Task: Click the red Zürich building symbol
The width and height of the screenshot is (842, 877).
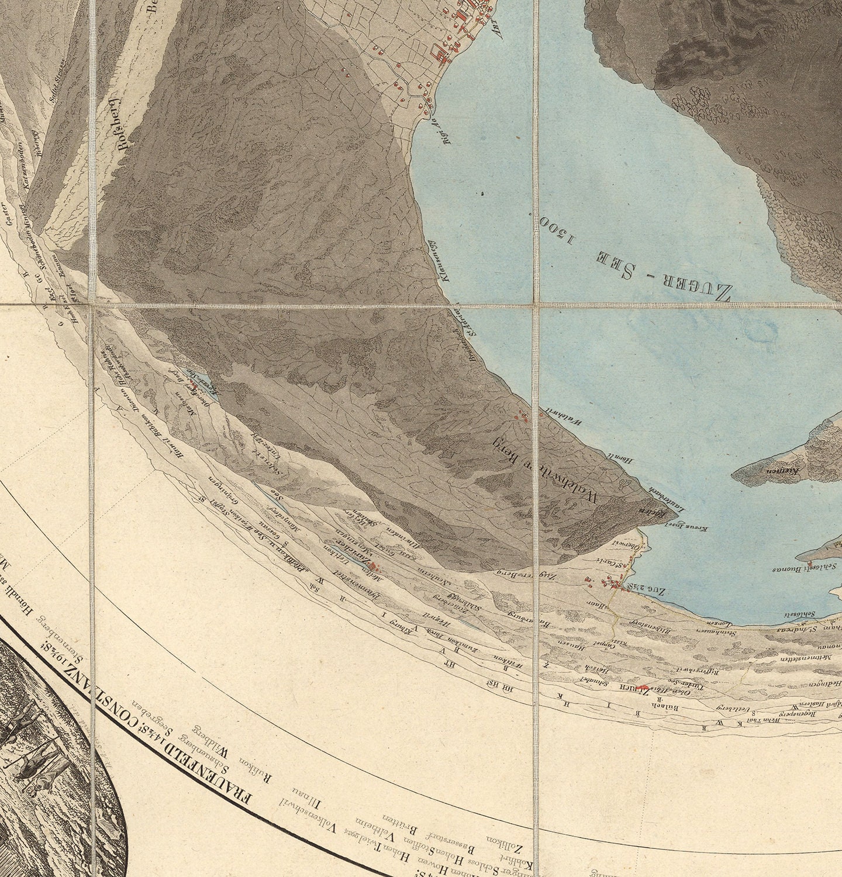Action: tap(644, 688)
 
